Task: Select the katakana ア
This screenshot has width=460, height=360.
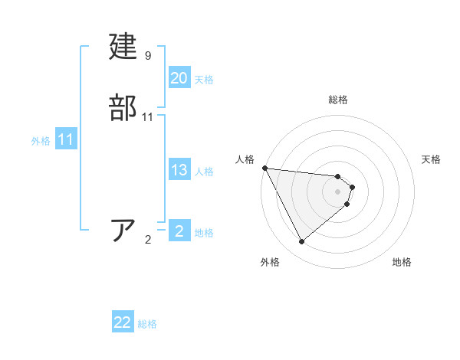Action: [124, 231]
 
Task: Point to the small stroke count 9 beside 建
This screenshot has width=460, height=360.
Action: [148, 56]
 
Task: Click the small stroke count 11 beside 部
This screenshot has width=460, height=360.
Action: [148, 117]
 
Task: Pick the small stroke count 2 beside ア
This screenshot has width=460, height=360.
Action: [148, 240]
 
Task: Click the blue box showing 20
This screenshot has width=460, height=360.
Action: [179, 78]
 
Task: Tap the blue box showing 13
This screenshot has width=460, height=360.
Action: [179, 170]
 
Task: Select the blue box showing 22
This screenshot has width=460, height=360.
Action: [123, 322]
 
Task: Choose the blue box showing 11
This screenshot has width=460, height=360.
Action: [65, 139]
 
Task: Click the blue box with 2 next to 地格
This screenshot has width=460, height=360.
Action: [179, 231]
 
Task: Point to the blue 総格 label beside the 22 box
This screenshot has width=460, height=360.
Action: [147, 324]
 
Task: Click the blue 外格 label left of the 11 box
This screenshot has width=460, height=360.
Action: [41, 141]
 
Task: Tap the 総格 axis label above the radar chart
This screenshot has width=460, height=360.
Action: [338, 100]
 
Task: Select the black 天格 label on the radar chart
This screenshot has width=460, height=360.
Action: [432, 159]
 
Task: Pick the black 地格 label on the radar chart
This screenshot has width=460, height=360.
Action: [402, 262]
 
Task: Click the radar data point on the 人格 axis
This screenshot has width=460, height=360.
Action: [264, 168]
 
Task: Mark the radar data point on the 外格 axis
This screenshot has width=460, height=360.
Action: [301, 242]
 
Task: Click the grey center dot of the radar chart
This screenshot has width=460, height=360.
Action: [338, 191]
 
